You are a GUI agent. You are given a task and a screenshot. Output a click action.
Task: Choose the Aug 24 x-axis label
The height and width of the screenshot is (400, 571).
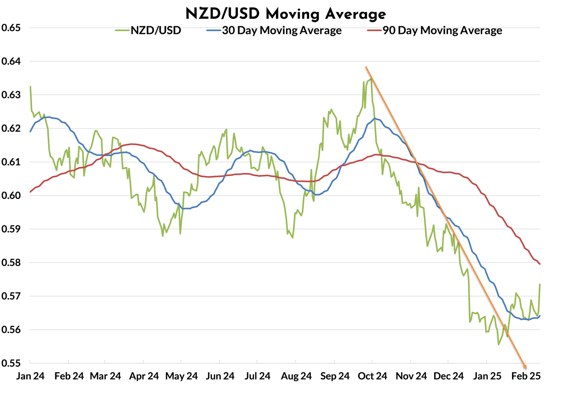pyautogui.click(x=296, y=376)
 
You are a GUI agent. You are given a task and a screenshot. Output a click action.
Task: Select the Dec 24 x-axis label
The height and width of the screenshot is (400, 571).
pyautogui.click(x=449, y=376)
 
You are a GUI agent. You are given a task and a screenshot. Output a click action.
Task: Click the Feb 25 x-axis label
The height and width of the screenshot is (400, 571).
pyautogui.click(x=525, y=376)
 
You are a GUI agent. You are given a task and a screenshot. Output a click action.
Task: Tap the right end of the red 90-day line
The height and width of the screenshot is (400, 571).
pyautogui.click(x=540, y=264)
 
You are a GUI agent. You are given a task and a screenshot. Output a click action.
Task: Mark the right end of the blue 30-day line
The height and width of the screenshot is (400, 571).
pyautogui.click(x=540, y=316)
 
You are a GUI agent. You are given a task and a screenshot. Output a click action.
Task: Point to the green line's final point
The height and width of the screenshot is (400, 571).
pyautogui.click(x=540, y=284)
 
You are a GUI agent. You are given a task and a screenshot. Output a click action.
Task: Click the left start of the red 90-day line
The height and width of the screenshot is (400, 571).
pyautogui.click(x=30, y=192)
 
